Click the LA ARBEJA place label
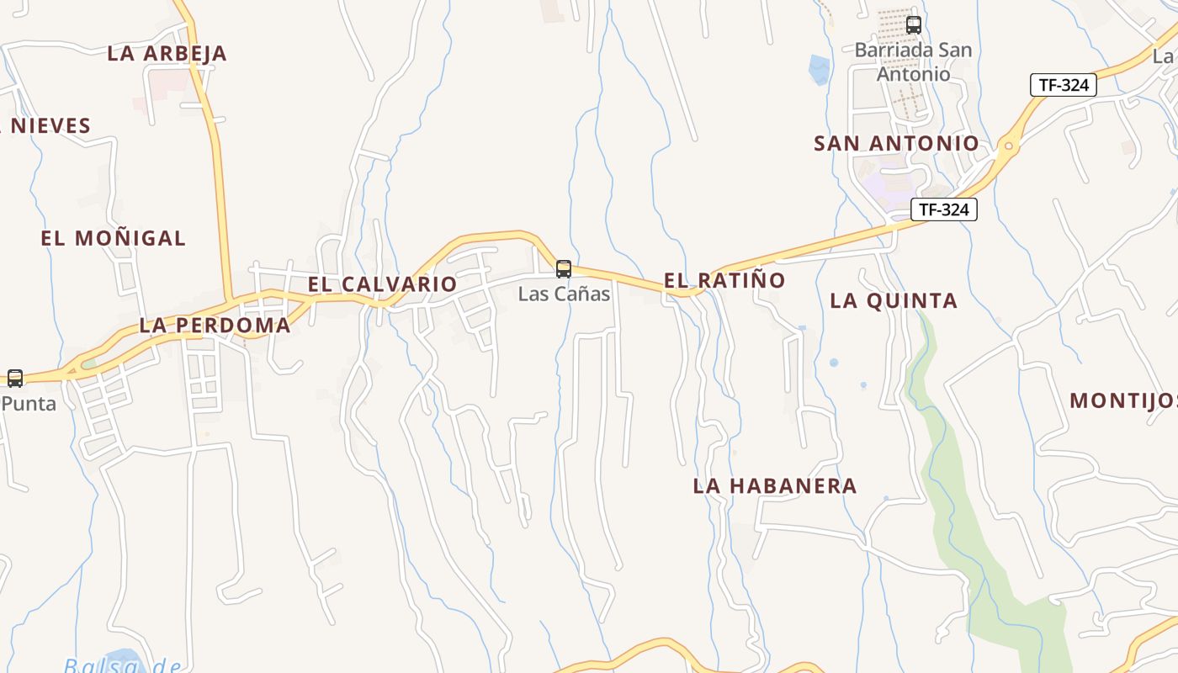click(167, 53)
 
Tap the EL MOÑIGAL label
click(113, 238)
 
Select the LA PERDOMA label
click(215, 326)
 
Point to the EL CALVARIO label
click(382, 284)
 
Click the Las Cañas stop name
click(564, 294)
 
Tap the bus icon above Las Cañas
click(564, 269)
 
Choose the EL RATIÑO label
click(724, 280)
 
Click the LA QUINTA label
click(894, 300)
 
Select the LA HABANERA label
click(775, 485)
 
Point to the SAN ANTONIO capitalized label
click(896, 144)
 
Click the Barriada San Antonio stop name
click(913, 62)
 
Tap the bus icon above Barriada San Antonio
click(914, 25)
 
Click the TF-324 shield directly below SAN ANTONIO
click(943, 209)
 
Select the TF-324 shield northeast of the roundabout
click(1064, 85)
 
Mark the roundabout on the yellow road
click(1008, 146)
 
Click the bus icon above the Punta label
click(15, 379)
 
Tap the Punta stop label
click(29, 403)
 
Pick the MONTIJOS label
click(1122, 400)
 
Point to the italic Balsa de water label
click(122, 665)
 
